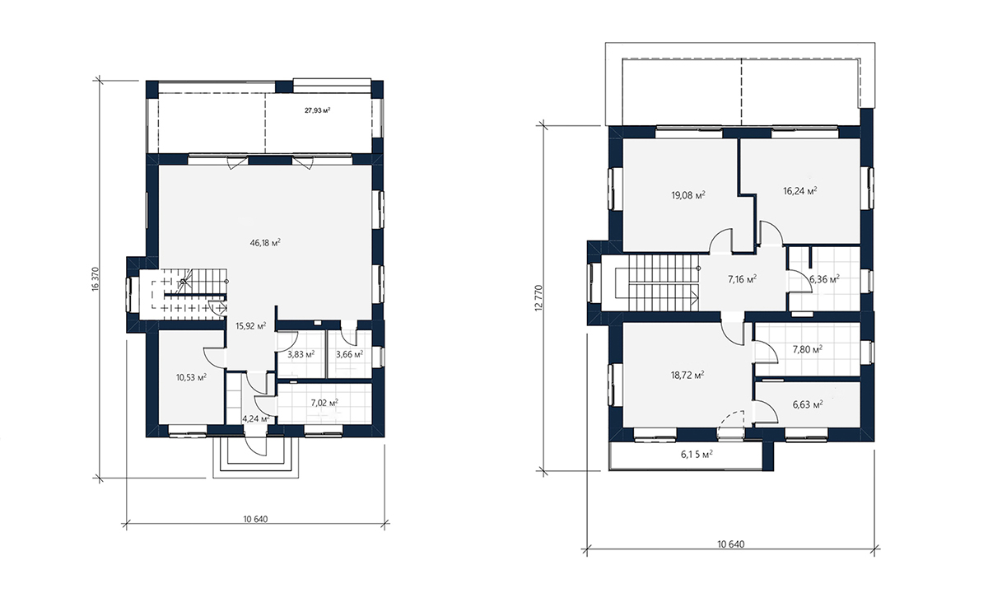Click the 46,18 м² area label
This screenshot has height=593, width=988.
(x=265, y=243)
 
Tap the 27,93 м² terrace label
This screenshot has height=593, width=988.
(x=318, y=110)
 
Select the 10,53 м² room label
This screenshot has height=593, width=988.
(x=191, y=377)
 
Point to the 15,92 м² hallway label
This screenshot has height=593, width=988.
(x=250, y=326)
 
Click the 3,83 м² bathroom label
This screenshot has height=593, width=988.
(x=301, y=354)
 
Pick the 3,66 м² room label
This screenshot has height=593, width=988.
(x=349, y=354)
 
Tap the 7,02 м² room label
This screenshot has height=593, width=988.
(x=324, y=403)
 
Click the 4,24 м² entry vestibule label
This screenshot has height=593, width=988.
(x=256, y=418)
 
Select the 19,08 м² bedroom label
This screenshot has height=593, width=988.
(x=688, y=195)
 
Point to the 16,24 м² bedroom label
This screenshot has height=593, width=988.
(x=800, y=190)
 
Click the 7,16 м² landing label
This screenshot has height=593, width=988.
(x=743, y=279)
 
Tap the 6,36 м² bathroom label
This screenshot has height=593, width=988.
(x=824, y=279)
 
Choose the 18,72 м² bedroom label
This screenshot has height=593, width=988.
(x=687, y=375)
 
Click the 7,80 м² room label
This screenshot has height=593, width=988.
(x=808, y=349)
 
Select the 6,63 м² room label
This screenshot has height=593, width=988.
(x=808, y=404)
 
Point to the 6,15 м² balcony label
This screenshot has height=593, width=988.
(x=697, y=455)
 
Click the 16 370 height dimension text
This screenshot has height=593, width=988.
(x=96, y=279)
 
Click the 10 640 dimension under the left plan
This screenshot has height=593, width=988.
(x=255, y=519)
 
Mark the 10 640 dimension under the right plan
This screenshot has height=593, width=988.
(x=731, y=544)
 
